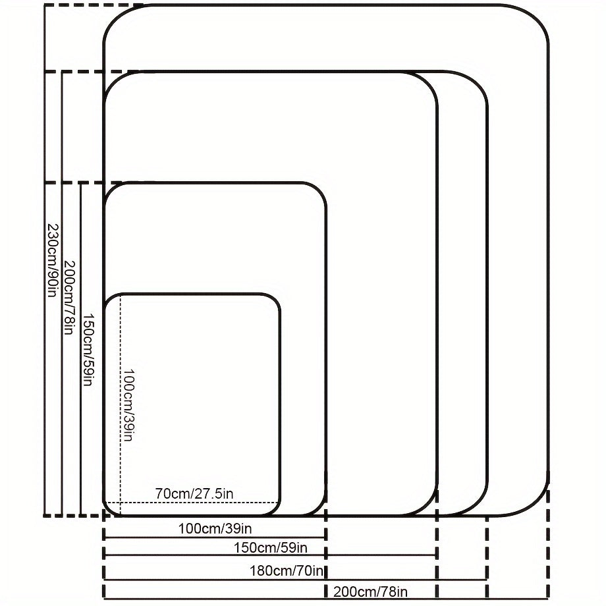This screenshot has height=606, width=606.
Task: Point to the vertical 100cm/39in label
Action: [x=128, y=404]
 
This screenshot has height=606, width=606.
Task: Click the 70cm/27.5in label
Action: [x=194, y=493]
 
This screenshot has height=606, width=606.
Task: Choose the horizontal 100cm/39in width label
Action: [x=215, y=528]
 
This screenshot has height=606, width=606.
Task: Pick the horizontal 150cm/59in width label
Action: [x=271, y=547]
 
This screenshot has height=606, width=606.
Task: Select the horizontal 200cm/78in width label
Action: [x=370, y=591]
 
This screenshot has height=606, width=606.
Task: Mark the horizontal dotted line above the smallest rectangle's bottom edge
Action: [x=198, y=503]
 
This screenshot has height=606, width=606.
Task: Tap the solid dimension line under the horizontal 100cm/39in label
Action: [x=215, y=537]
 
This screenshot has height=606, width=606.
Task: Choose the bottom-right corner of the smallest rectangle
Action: [x=275, y=509]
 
